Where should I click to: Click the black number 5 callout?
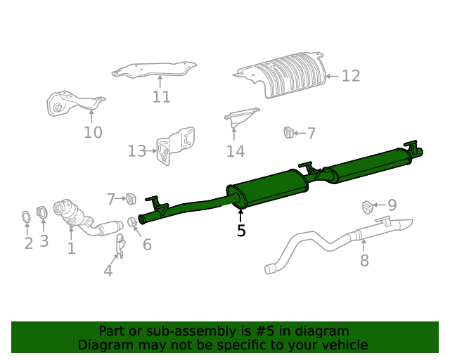coord(241,230)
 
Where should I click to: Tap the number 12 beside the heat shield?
coord(350,76)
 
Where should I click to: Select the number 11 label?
coord(161,97)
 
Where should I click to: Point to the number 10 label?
coord(93,132)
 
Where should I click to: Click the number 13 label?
coord(136,151)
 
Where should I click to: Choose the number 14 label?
coord(235,151)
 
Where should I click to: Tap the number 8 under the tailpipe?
coord(364,261)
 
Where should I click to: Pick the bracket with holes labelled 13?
coord(174,147)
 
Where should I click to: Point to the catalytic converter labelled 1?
coord(70,213)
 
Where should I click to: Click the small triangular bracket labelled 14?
coord(240,117)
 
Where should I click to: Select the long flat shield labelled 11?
coord(155,70)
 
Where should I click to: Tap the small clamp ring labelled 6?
coord(132,223)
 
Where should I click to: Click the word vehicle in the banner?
coord(344,345)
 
